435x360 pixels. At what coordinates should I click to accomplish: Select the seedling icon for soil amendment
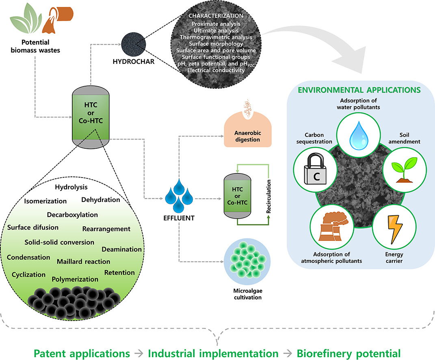tap(400, 168)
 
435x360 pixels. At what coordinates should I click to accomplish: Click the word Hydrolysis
tap(71, 187)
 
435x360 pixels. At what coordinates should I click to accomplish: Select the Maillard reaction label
tap(83, 261)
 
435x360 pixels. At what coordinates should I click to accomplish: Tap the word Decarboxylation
tap(72, 215)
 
